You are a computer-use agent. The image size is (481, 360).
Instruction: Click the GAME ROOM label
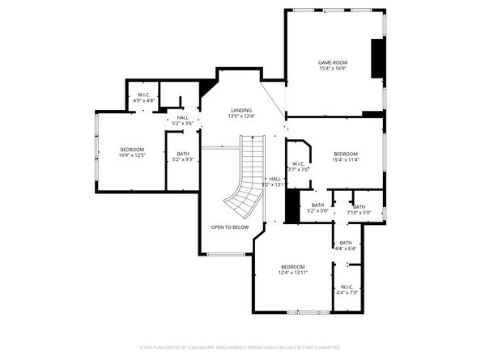pyautogui.click(x=332, y=61)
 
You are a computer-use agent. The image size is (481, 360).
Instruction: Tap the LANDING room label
pyautogui.click(x=240, y=110)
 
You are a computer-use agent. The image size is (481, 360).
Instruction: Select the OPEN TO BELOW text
pyautogui.click(x=229, y=227)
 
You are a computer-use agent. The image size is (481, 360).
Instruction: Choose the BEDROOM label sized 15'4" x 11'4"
pyautogui.click(x=346, y=153)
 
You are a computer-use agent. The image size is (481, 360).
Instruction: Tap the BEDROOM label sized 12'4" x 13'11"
pyautogui.click(x=292, y=267)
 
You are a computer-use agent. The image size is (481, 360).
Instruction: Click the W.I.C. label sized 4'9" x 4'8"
pyautogui.click(x=144, y=95)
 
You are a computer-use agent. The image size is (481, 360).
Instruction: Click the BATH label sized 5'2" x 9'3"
pyautogui.click(x=182, y=154)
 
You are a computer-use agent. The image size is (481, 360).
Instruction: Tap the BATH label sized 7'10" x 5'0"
pyautogui.click(x=358, y=206)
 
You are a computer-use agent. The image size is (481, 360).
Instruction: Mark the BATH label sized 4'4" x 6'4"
pyautogui.click(x=346, y=243)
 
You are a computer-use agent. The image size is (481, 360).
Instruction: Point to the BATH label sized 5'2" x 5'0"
pyautogui.click(x=317, y=205)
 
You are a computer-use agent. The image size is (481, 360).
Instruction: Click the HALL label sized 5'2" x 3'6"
pyautogui.click(x=182, y=117)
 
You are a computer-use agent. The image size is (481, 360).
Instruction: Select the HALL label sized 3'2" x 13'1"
pyautogui.click(x=275, y=179)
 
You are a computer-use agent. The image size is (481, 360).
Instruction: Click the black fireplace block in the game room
pyautogui.click(x=377, y=58)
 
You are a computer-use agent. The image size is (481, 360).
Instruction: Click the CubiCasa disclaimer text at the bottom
pyautogui.click(x=240, y=347)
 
